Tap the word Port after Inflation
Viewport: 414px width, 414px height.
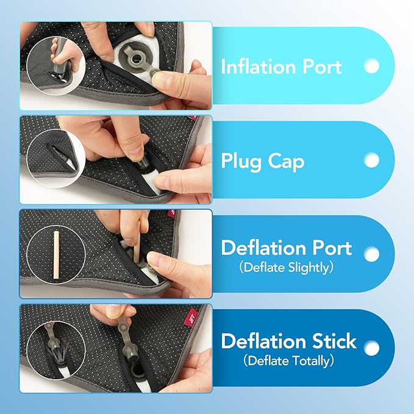[322, 66]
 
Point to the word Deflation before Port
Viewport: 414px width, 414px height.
[264, 248]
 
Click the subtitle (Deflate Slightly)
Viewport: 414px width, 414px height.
[286, 268]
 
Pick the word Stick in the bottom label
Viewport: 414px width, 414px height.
[334, 341]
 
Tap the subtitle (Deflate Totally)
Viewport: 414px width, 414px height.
[288, 361]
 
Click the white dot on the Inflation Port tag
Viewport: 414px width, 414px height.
[372, 66]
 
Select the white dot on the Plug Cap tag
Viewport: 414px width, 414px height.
[372, 160]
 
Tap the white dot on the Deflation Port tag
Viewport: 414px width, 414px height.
[372, 254]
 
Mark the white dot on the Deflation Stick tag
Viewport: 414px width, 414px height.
[372, 348]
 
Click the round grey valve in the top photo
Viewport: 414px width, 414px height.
[137, 59]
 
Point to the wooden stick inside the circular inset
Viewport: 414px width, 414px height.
[56, 255]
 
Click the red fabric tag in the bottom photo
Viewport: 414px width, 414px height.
[191, 314]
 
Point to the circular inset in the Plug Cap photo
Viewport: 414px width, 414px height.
[55, 159]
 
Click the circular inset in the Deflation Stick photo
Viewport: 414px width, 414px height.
[55, 350]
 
